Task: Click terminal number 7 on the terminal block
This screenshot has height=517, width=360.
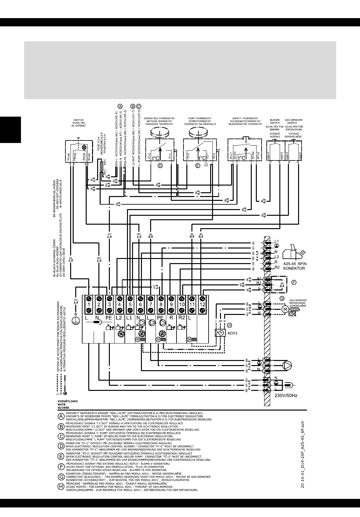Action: click(x=150, y=304)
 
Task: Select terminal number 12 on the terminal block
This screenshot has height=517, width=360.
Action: click(x=202, y=304)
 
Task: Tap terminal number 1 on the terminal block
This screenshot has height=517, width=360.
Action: click(x=89, y=304)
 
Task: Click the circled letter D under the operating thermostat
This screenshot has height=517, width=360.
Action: click(x=160, y=165)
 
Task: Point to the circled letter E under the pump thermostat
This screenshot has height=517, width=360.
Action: click(x=198, y=165)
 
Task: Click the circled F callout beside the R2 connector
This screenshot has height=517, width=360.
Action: click(x=294, y=282)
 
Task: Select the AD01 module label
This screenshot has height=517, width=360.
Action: click(x=233, y=334)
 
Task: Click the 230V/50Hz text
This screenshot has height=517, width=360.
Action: click(x=286, y=396)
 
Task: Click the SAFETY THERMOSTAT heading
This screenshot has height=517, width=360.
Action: click(x=245, y=119)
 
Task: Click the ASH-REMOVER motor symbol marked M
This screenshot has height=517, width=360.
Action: click(x=285, y=309)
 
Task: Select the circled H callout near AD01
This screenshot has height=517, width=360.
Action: click(x=229, y=325)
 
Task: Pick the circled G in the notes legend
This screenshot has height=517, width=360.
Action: click(x=61, y=477)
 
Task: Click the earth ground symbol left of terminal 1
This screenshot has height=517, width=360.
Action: click(x=76, y=320)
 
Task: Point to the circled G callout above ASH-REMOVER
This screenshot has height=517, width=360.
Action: click(x=282, y=298)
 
